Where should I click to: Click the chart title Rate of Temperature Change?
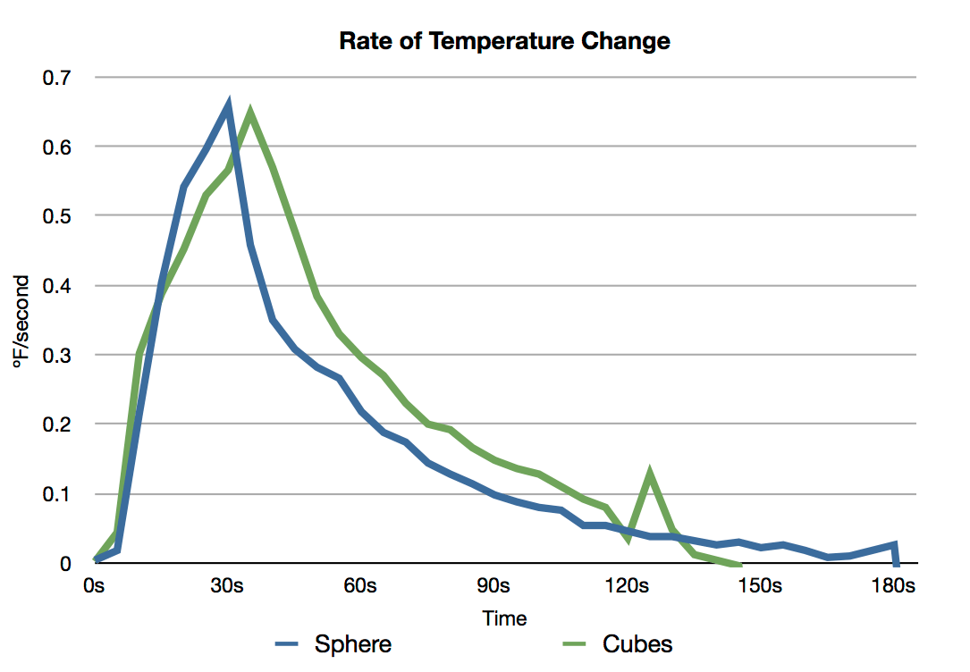(504, 41)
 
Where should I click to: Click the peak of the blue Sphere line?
(229, 106)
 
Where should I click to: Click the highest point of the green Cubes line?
(250, 113)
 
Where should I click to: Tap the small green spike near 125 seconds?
(650, 474)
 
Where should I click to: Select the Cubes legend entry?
(637, 643)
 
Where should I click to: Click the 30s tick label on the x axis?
(227, 586)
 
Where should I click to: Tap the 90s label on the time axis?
(493, 586)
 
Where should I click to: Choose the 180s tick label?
(893, 586)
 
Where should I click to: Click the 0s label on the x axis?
(94, 586)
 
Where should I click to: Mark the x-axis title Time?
(504, 618)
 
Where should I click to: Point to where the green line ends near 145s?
(738, 563)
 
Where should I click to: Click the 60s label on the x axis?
(360, 586)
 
